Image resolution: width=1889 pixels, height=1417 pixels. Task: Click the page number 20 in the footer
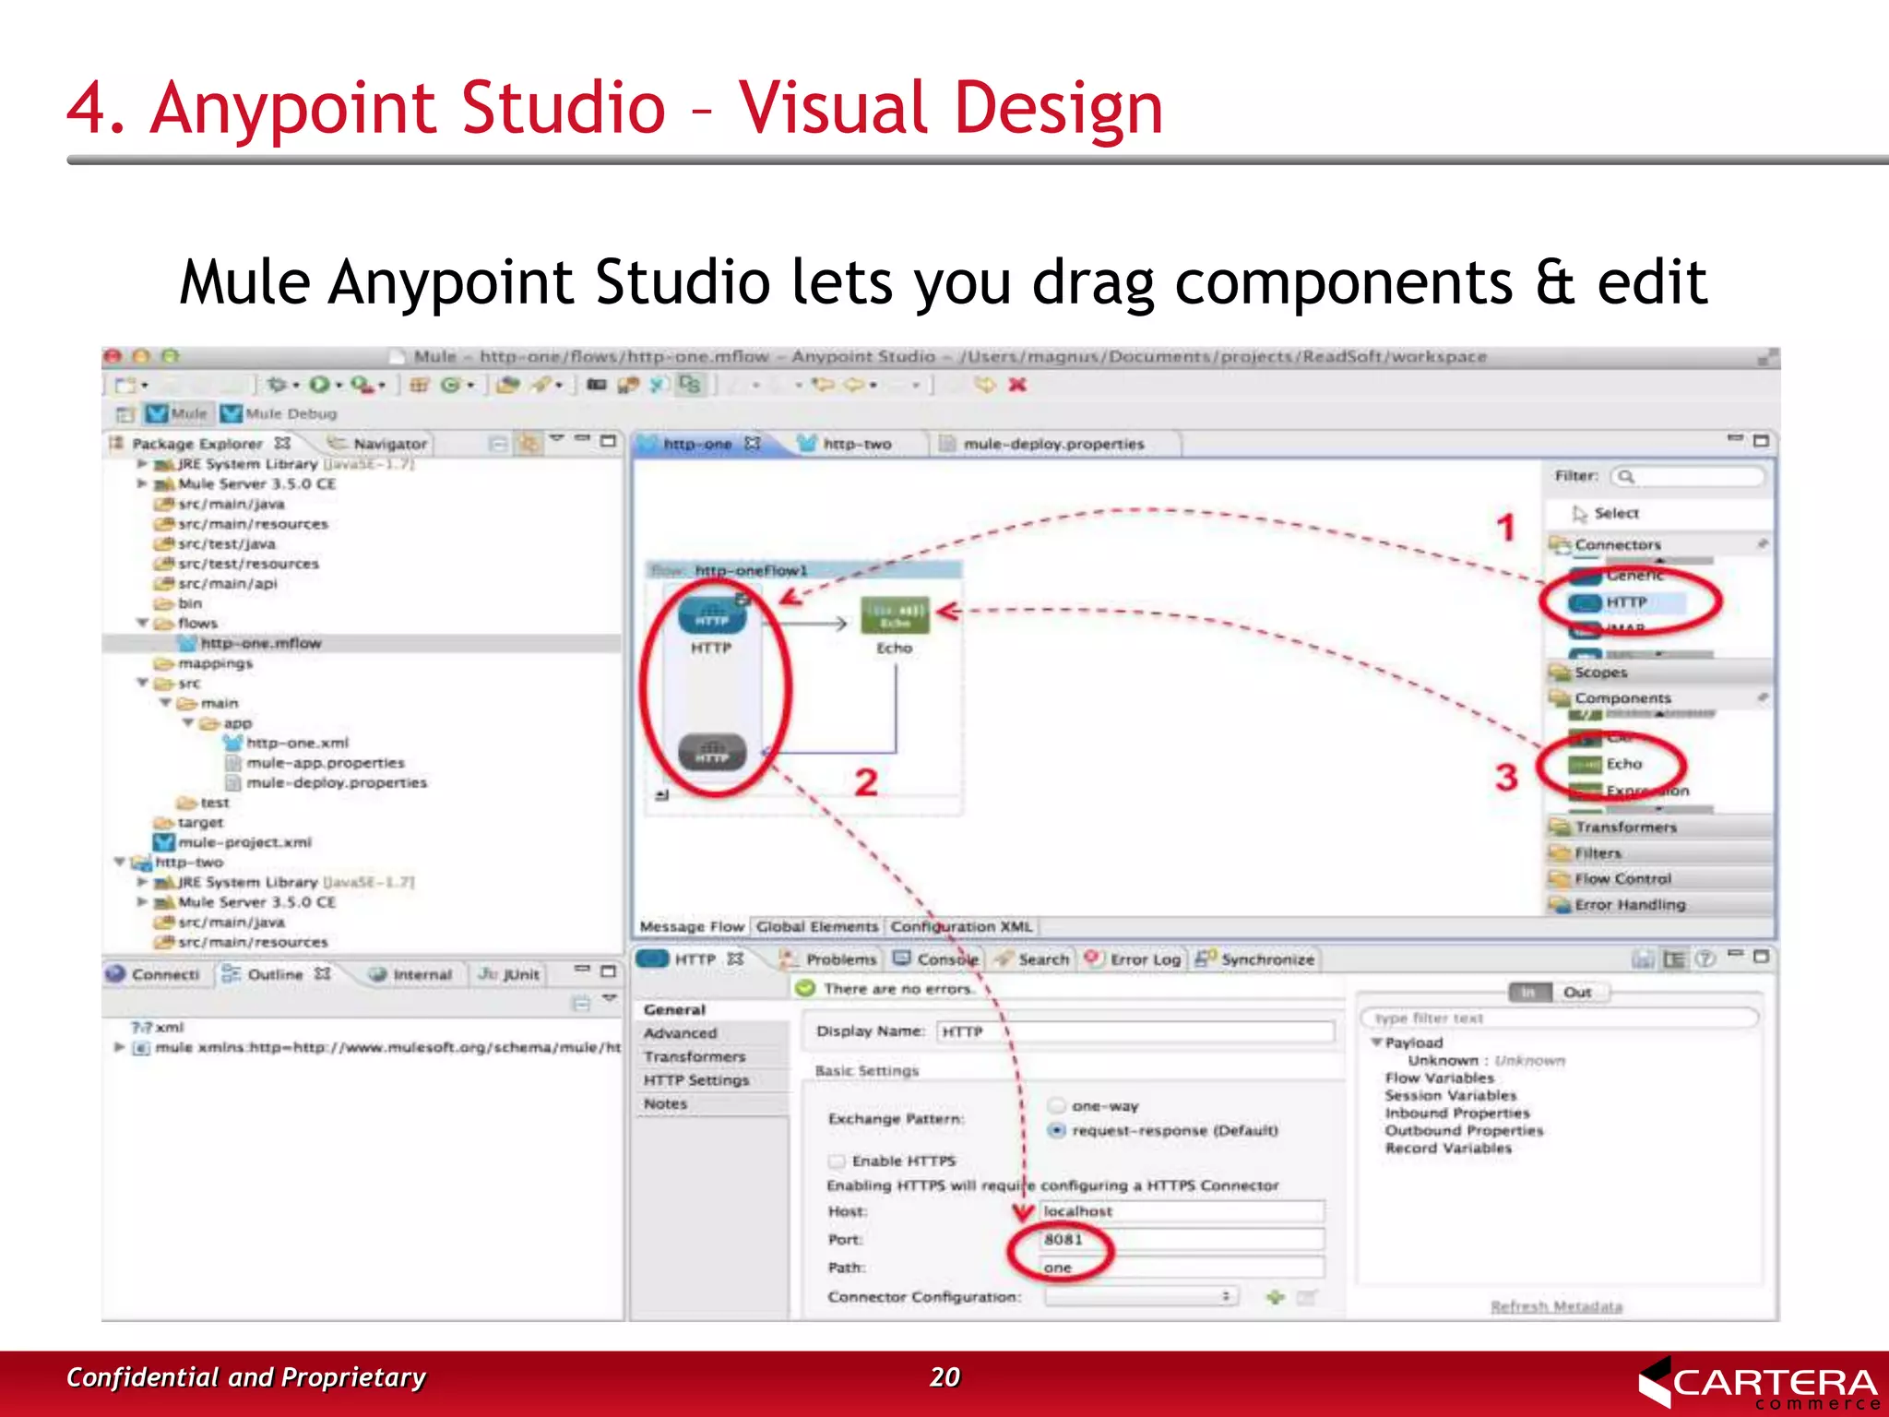tap(944, 1376)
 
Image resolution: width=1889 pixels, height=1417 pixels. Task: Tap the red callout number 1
tap(1505, 528)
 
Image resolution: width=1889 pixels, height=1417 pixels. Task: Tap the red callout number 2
tap(865, 782)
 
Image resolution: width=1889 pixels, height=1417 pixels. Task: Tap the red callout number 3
tap(1506, 777)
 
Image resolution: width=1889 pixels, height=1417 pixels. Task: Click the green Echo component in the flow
tap(894, 614)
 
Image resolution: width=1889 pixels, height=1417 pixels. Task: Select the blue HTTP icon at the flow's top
tap(711, 615)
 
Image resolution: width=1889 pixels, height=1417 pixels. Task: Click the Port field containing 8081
tap(1181, 1239)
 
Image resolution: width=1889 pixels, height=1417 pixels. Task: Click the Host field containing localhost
tap(1181, 1210)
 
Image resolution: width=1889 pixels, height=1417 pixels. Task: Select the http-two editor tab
tap(856, 444)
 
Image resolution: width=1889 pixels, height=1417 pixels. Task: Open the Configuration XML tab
tap(961, 926)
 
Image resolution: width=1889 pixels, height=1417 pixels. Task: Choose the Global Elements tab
tap(816, 926)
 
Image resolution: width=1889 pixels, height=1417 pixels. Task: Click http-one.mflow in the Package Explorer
tap(261, 643)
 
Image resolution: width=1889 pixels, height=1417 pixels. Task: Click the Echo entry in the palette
tap(1622, 764)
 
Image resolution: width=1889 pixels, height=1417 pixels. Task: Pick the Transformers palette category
tap(1625, 827)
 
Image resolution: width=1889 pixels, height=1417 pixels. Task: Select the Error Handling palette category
tap(1629, 905)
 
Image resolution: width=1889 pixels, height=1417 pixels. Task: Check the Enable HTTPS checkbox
tap(837, 1161)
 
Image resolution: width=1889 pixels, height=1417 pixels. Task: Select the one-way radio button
tap(1057, 1105)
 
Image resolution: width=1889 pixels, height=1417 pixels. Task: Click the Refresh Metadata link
tap(1556, 1306)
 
